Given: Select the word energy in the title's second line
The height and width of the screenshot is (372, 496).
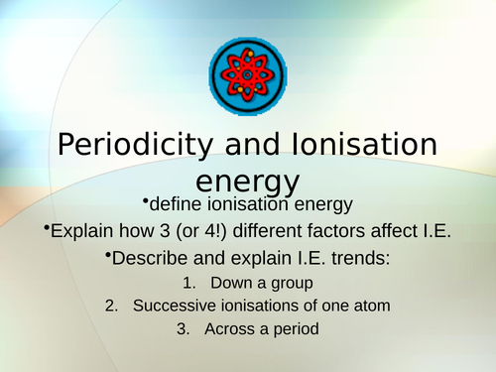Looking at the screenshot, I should (248, 181).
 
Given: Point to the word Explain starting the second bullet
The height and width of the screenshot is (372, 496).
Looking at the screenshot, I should (84, 233).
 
